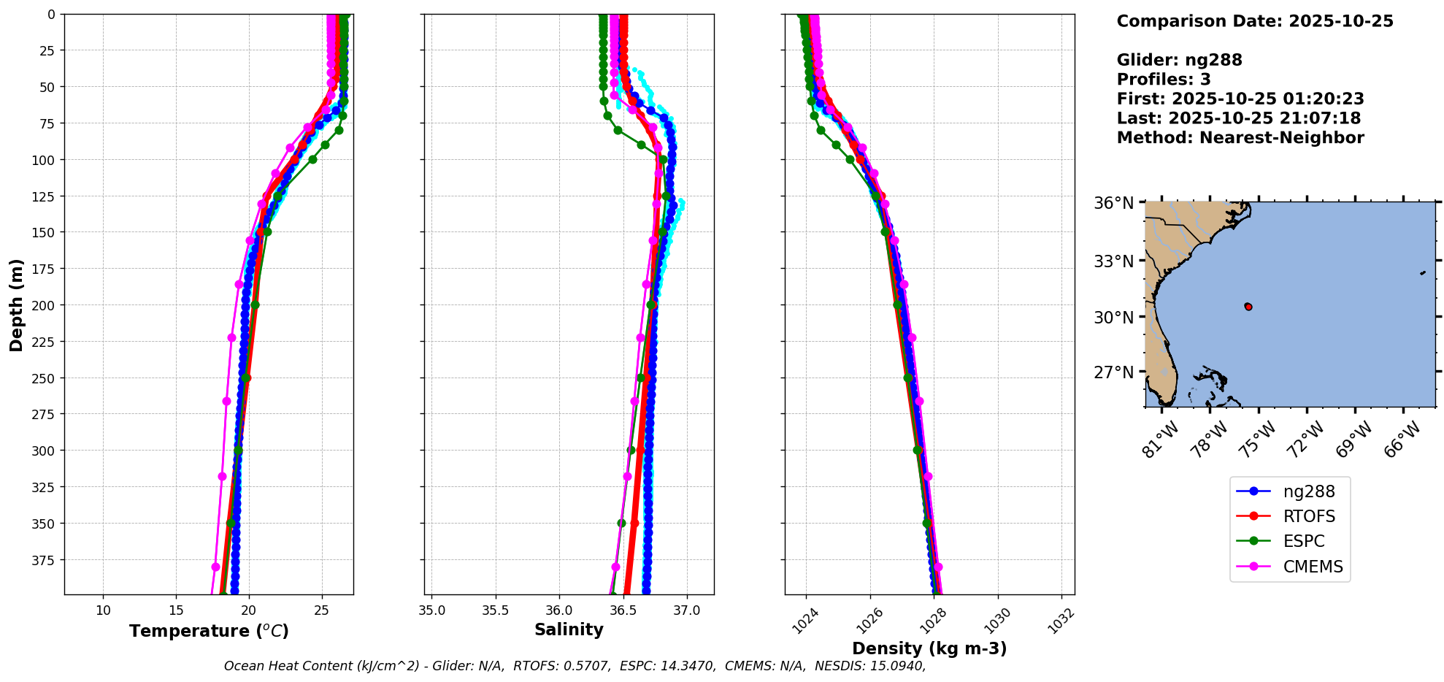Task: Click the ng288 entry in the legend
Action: click(1308, 491)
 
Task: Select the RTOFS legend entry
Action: click(1308, 516)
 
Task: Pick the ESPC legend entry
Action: click(1303, 541)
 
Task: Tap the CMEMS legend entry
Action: click(1312, 567)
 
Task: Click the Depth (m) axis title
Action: click(16, 304)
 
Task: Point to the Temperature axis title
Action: click(209, 631)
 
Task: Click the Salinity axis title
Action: click(569, 629)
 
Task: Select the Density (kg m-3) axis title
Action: click(929, 648)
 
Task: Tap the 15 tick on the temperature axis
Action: click(176, 610)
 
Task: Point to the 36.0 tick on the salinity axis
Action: click(559, 610)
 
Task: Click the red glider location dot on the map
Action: click(1248, 307)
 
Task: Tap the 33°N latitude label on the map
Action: click(1113, 261)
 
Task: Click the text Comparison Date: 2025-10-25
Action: click(1255, 21)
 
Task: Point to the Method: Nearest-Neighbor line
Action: click(1240, 137)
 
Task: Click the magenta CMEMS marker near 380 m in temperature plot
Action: click(215, 567)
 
